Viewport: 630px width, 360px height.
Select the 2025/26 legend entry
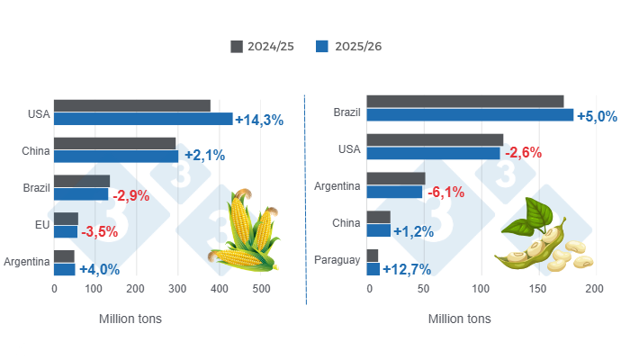coord(349,46)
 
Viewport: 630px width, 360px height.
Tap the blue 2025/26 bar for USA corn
coord(143,119)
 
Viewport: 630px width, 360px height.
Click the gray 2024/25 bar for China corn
coord(114,143)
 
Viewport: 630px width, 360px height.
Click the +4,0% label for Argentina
coord(100,269)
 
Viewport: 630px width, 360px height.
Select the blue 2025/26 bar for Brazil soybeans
coord(470,115)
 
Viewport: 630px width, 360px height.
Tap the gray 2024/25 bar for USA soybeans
coord(436,139)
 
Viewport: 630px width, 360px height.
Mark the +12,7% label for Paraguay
coord(407,269)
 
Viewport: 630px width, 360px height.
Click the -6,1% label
coord(446,193)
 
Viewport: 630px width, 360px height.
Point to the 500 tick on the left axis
coord(261,290)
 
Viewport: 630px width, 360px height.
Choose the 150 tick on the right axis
coord(537,290)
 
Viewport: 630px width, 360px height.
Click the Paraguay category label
coord(337,261)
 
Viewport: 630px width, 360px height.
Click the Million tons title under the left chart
coord(128,319)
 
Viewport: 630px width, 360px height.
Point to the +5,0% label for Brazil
coord(597,115)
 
